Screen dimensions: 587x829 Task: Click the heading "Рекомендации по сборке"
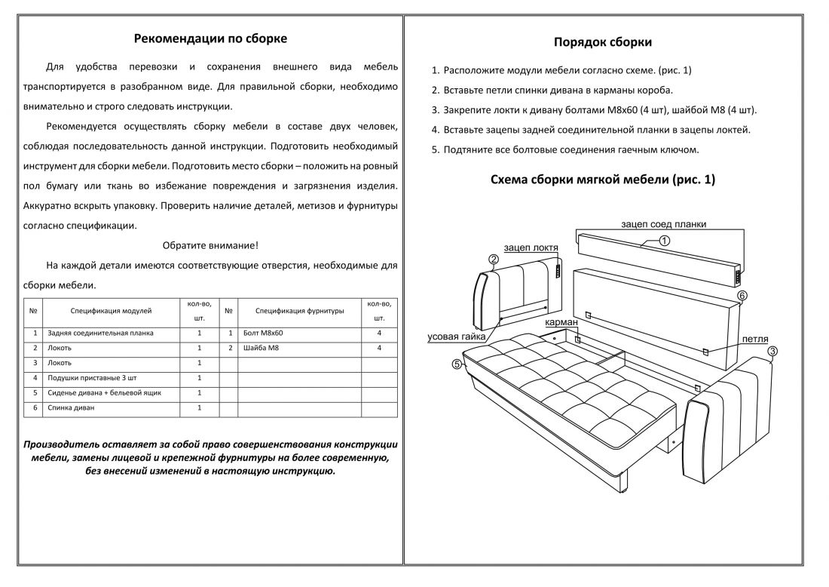pyautogui.click(x=210, y=38)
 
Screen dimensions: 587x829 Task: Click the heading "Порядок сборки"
pyautogui.click(x=603, y=42)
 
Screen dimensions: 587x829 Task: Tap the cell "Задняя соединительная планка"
pyautogui.click(x=100, y=333)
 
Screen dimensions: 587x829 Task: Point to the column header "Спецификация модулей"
pyautogui.click(x=111, y=310)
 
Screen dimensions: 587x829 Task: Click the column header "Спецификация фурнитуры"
pyautogui.click(x=299, y=310)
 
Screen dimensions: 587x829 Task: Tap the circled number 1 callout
pyautogui.click(x=664, y=241)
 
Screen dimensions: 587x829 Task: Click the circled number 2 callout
pyautogui.click(x=494, y=261)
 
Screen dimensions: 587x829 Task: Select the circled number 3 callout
pyautogui.click(x=772, y=351)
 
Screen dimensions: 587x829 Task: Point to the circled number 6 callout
pyautogui.click(x=742, y=296)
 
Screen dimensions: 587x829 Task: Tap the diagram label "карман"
pyautogui.click(x=561, y=322)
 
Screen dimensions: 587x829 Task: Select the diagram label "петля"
pyautogui.click(x=754, y=340)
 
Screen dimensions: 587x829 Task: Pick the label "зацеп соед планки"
pyautogui.click(x=663, y=224)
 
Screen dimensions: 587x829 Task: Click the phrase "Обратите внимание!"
pyautogui.click(x=210, y=245)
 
